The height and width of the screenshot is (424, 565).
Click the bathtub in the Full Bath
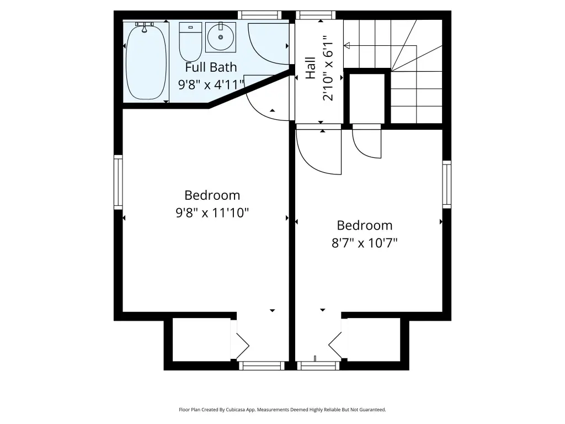click(146, 61)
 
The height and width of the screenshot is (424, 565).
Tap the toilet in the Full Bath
click(190, 42)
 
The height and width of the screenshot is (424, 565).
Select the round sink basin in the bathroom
click(221, 37)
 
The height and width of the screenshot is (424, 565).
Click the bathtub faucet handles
click(144, 26)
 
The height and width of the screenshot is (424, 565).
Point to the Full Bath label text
click(211, 67)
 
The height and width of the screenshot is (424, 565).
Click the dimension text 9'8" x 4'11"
click(211, 84)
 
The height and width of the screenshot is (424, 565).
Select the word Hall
click(310, 68)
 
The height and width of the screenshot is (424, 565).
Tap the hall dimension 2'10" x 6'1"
click(328, 68)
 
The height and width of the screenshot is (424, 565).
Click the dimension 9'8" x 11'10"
click(212, 213)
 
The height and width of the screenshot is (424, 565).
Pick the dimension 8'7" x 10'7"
click(364, 243)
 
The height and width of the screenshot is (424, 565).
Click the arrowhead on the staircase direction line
click(347, 45)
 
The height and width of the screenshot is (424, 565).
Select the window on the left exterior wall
click(118, 182)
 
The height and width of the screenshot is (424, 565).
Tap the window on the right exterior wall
click(447, 184)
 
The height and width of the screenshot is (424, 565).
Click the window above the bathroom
click(259, 15)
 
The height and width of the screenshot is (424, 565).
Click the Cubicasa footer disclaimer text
click(282, 410)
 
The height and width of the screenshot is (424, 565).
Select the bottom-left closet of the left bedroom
click(201, 340)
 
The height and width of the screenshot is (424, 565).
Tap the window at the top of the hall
click(316, 15)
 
